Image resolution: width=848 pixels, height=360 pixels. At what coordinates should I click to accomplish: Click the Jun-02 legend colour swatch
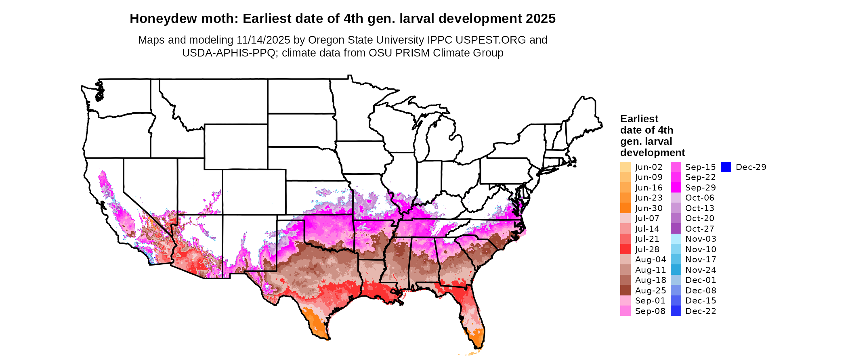(625, 167)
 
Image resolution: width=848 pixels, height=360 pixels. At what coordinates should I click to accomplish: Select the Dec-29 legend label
(751, 167)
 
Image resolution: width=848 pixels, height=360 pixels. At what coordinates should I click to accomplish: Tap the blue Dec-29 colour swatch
(726, 167)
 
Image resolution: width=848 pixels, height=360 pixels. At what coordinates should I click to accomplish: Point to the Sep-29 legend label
(700, 188)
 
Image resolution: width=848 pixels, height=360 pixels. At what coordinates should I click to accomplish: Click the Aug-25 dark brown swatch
(625, 291)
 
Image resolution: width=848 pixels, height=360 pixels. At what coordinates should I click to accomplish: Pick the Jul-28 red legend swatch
(625, 249)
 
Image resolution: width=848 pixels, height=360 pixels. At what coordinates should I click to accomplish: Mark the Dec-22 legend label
(700, 311)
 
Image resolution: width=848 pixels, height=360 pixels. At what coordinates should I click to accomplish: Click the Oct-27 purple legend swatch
(676, 229)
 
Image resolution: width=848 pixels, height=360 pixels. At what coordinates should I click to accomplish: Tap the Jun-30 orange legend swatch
(625, 208)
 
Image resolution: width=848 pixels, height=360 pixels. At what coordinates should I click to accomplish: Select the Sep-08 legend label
(650, 311)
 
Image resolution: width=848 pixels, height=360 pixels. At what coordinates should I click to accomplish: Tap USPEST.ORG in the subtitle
(491, 40)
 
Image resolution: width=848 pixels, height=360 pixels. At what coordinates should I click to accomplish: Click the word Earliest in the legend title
(639, 119)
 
